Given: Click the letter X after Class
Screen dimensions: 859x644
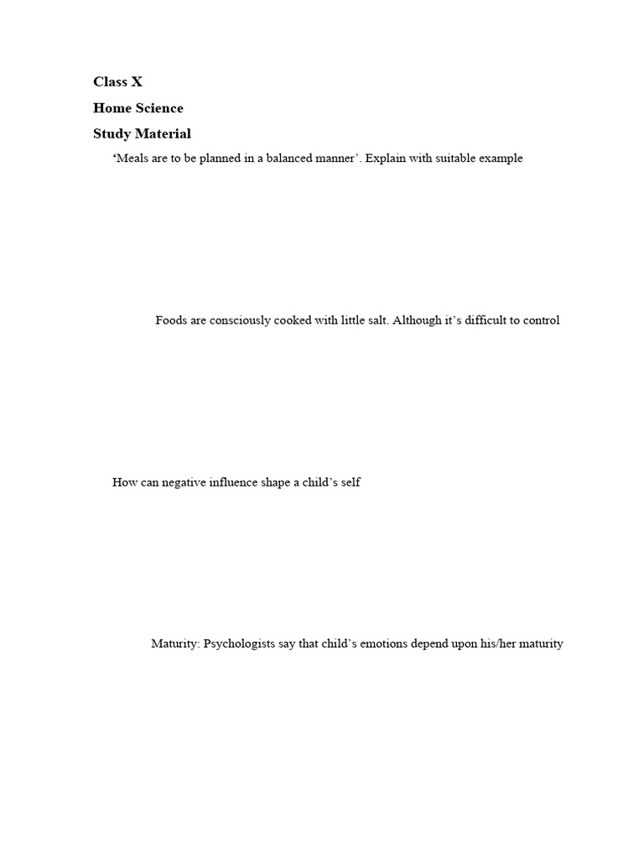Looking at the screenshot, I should (x=137, y=82).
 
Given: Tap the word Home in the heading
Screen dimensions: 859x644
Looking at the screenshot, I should (x=111, y=108).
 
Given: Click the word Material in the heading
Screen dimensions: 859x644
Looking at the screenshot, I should (x=166, y=133).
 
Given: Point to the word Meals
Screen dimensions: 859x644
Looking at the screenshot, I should (x=132, y=159).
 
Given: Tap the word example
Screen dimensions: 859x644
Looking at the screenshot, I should (x=500, y=159).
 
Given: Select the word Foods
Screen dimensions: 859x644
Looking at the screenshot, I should (x=171, y=320).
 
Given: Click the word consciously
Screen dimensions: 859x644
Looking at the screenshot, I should (x=239, y=320).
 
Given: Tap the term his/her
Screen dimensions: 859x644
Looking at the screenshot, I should (x=498, y=644).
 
